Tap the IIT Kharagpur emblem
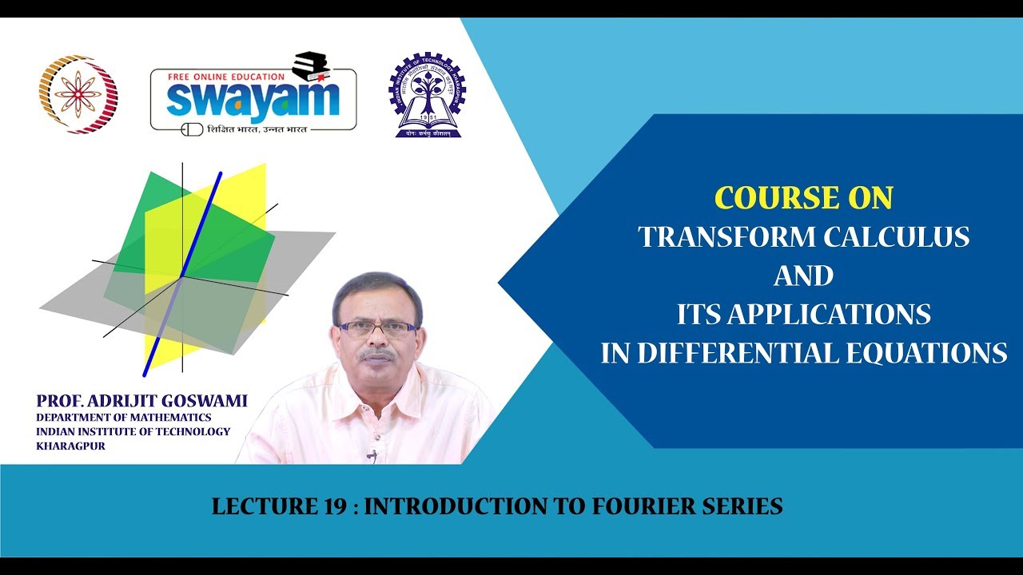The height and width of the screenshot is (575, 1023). point(427,95)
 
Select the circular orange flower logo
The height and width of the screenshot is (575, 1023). point(78,94)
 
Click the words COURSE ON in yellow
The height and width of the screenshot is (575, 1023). point(803,198)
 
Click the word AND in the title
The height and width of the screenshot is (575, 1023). point(803,276)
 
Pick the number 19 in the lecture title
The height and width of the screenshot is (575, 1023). point(334,506)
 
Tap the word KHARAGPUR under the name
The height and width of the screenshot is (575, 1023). point(70,446)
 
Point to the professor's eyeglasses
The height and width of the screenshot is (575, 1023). point(378,327)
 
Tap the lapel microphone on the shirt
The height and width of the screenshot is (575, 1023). point(372,455)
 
